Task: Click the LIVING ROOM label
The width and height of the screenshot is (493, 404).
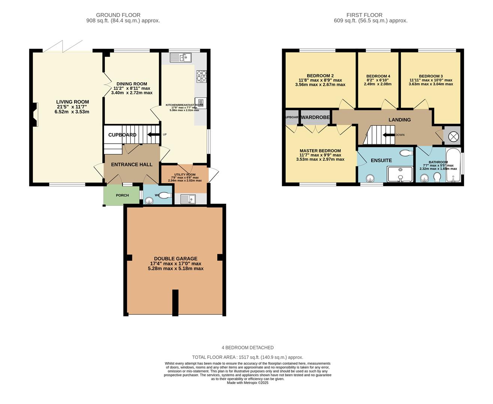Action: point(72,102)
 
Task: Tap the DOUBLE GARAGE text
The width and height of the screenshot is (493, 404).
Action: point(175,258)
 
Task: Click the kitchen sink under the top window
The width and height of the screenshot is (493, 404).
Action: point(181,58)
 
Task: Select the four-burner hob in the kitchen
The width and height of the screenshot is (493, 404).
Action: point(201,76)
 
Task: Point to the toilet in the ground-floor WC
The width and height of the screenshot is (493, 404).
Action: point(163,195)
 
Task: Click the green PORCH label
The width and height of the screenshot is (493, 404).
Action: point(122,195)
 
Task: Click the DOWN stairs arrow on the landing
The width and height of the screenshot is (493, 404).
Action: point(388,135)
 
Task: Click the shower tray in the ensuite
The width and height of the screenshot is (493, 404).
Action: point(400,174)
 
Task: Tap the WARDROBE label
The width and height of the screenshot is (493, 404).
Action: point(315,117)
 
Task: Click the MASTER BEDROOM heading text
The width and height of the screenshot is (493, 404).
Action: point(320,151)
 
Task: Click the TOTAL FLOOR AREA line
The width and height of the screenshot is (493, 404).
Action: point(247,357)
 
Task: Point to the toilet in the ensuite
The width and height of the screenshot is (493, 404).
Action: point(405,153)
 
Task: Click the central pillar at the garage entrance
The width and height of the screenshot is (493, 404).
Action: point(175,302)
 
